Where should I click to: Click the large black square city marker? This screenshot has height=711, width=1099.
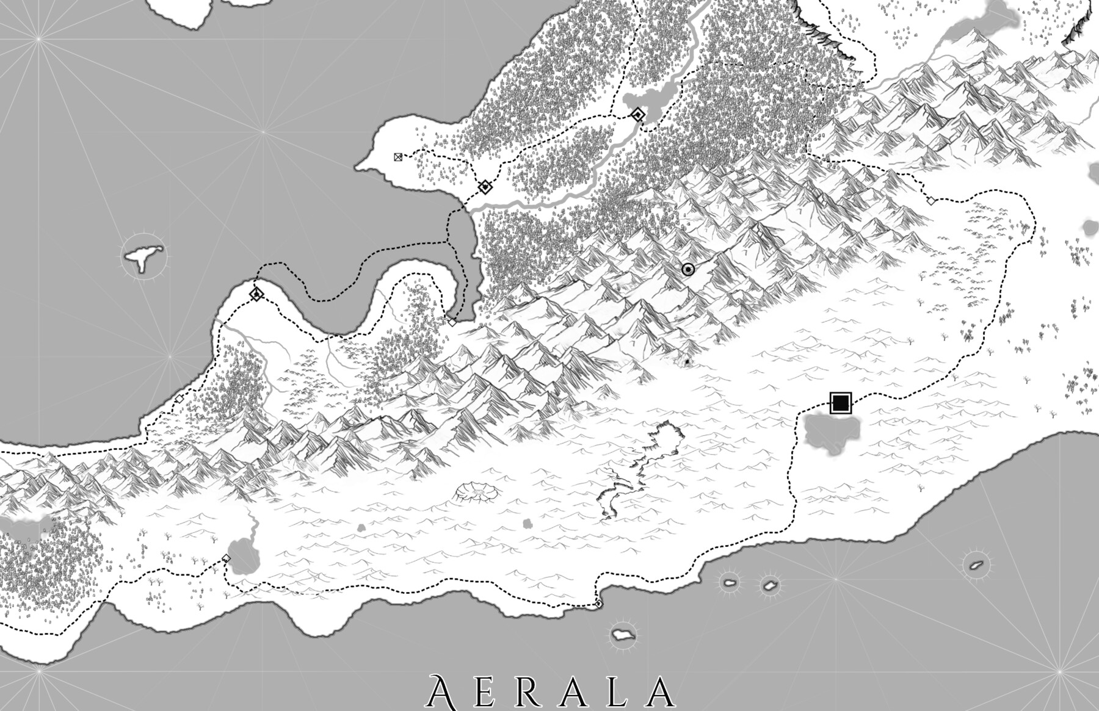click(841, 403)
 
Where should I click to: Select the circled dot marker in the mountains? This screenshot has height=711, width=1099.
click(688, 270)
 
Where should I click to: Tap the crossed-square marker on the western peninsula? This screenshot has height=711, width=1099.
click(398, 157)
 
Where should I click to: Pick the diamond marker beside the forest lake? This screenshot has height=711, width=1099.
click(638, 115)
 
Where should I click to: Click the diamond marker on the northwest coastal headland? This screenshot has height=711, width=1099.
click(256, 295)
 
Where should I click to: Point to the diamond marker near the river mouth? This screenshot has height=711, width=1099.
click(485, 187)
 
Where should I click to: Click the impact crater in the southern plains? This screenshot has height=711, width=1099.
click(477, 491)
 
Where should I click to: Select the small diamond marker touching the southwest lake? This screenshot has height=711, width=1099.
click(227, 558)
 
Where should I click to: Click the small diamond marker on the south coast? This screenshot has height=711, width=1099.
click(598, 604)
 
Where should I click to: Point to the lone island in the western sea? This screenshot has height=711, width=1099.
click(143, 256)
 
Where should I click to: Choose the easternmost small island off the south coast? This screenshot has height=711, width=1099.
click(976, 565)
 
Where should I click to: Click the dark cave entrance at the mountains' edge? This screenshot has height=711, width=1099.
click(687, 362)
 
